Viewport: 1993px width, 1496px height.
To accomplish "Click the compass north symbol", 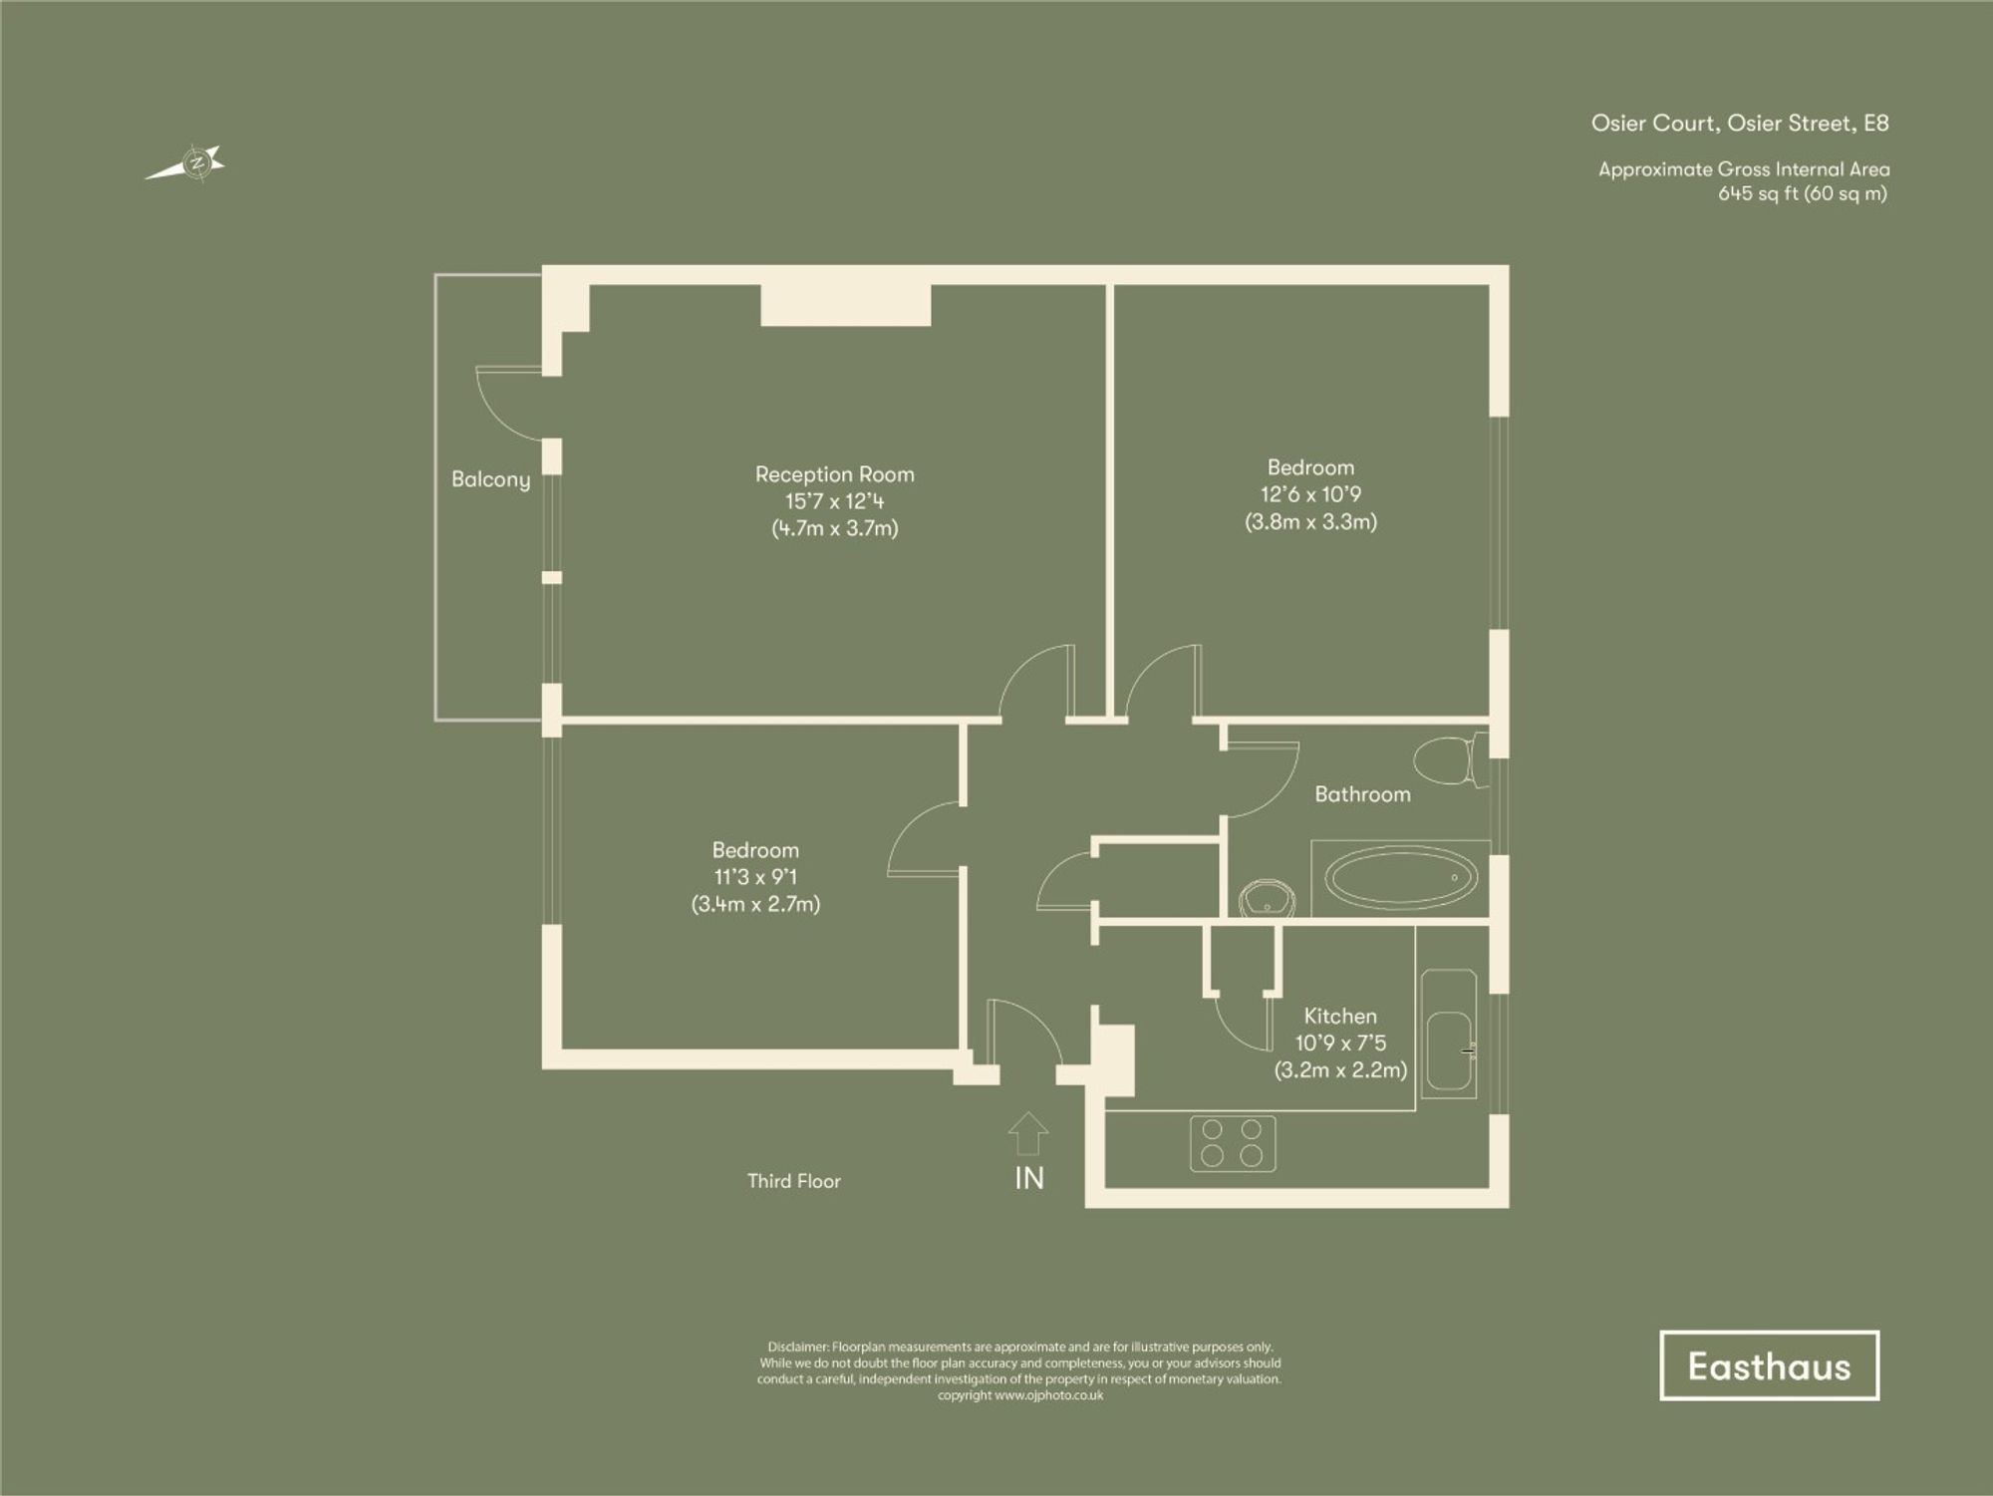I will pyautogui.click(x=196, y=163).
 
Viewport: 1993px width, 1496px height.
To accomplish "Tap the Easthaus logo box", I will pyautogui.click(x=1769, y=1365).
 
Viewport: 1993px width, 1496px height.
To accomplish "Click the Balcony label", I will pyautogui.click(x=490, y=479).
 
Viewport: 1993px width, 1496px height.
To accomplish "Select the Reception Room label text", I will pyautogui.click(x=834, y=474).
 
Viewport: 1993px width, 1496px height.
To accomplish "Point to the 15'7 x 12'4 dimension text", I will pyautogui.click(x=834, y=501).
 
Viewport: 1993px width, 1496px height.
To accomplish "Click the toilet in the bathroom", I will pyautogui.click(x=1448, y=760).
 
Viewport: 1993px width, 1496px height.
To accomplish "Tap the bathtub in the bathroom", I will pyautogui.click(x=1400, y=878).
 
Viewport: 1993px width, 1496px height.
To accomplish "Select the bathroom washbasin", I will pyautogui.click(x=1267, y=898).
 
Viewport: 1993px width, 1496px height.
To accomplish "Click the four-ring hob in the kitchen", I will pyautogui.click(x=1233, y=1143).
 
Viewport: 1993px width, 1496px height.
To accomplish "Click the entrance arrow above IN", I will pyautogui.click(x=1028, y=1134).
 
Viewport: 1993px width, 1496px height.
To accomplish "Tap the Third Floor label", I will pyautogui.click(x=794, y=1181).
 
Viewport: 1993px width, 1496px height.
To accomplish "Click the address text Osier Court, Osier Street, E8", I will pyautogui.click(x=1739, y=124).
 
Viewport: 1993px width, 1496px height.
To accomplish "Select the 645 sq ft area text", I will pyautogui.click(x=1802, y=194).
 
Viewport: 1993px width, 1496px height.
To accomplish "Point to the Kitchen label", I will pyautogui.click(x=1340, y=1016).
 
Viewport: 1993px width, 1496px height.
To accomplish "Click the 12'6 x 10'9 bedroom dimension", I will pyautogui.click(x=1310, y=494).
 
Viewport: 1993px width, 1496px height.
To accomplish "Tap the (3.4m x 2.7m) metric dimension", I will pyautogui.click(x=755, y=904).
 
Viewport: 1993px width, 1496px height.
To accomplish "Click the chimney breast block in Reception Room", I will pyautogui.click(x=845, y=305).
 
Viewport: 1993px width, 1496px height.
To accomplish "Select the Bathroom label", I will pyautogui.click(x=1362, y=794).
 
